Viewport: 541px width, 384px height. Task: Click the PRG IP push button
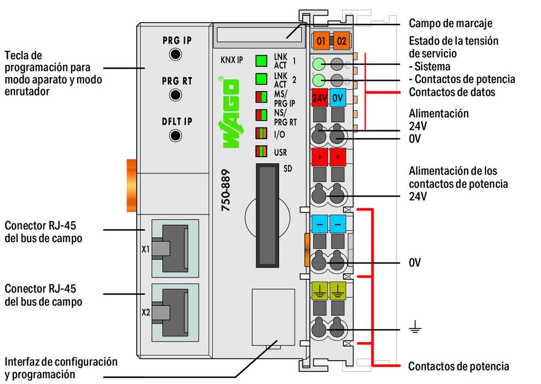coord(175,54)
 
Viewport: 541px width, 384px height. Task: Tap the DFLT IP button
coord(175,135)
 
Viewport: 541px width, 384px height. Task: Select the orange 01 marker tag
coord(320,40)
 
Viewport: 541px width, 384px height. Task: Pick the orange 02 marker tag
coord(341,40)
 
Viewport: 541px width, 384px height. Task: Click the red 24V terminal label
coord(319,98)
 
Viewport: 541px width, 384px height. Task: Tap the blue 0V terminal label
coord(339,98)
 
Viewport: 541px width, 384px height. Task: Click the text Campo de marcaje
coord(450,23)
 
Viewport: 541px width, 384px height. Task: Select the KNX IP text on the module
coord(231,60)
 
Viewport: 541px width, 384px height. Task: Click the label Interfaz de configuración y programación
coord(61,368)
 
